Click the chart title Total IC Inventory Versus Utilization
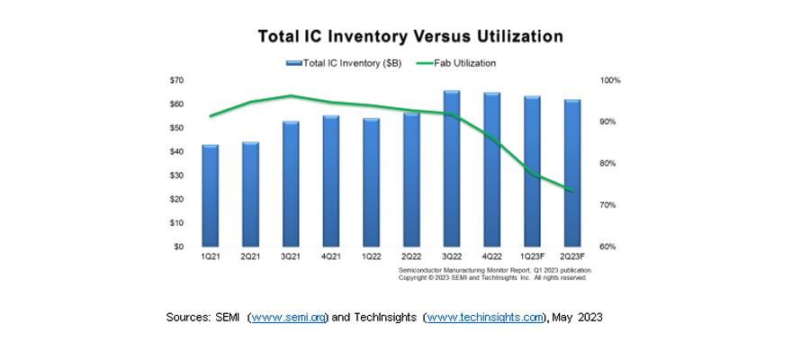410,37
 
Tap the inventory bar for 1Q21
210,195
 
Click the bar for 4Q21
330,181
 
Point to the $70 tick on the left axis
176,80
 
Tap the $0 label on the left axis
178,247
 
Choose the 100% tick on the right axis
610,80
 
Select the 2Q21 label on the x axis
249,257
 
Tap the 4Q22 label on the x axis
491,257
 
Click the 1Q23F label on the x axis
532,257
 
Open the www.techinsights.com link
485,318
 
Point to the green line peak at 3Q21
290,95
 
